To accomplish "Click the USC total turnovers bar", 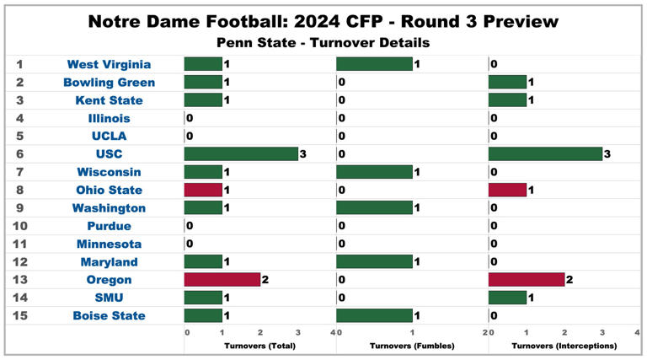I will point(241,153).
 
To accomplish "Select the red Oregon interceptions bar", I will point(526,280).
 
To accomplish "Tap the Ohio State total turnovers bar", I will point(203,190).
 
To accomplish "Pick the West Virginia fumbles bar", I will point(374,64).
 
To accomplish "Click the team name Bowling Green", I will point(109,83).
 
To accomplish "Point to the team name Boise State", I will point(109,316).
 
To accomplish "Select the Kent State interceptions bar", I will point(507,100).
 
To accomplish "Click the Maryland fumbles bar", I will point(374,262).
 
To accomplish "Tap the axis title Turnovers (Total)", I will point(259,347).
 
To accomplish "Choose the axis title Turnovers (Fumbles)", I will point(412,347).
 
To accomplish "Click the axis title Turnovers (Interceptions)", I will point(564,347).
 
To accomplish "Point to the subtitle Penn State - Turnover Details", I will point(323,41).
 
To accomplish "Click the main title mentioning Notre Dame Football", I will point(323,19).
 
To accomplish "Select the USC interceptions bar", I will point(544,153).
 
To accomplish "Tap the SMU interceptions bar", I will point(507,298).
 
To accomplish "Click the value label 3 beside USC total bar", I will point(302,154).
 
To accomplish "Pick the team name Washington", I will point(109,208).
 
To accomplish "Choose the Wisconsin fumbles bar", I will point(374,172).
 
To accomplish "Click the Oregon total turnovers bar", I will point(222,280).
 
